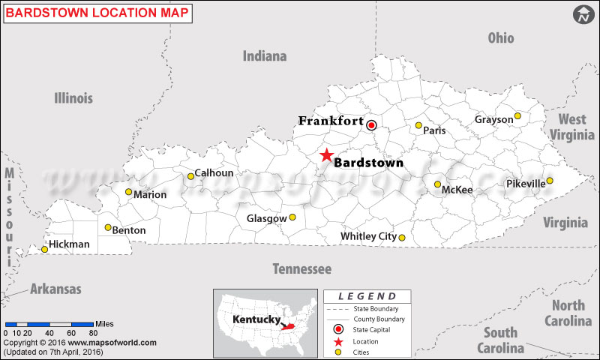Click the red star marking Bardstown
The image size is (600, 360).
pyautogui.click(x=326, y=155)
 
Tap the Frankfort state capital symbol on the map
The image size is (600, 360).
pyautogui.click(x=371, y=125)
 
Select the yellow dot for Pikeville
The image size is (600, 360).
pyautogui.click(x=550, y=181)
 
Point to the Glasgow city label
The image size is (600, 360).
pyautogui.click(x=266, y=219)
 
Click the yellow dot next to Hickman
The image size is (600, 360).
pyautogui.click(x=45, y=249)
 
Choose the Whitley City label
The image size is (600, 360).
pyautogui.click(x=368, y=236)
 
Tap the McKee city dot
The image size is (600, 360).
pyautogui.click(x=437, y=184)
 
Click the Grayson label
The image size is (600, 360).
pyautogui.click(x=493, y=119)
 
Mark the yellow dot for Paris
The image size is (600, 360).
pyautogui.click(x=418, y=125)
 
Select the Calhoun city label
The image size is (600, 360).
pyautogui.click(x=214, y=173)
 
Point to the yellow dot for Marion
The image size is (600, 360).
pyautogui.click(x=128, y=192)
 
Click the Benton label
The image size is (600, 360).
pyautogui.click(x=129, y=230)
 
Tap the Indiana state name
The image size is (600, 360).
pyautogui.click(x=265, y=56)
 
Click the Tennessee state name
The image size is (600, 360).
pyautogui.click(x=301, y=268)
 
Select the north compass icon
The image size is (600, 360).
pyautogui.click(x=583, y=14)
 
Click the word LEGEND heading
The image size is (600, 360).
pyautogui.click(x=367, y=296)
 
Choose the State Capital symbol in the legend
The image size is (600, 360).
pyautogui.click(x=339, y=329)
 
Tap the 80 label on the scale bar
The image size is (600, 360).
pyautogui.click(x=93, y=332)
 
